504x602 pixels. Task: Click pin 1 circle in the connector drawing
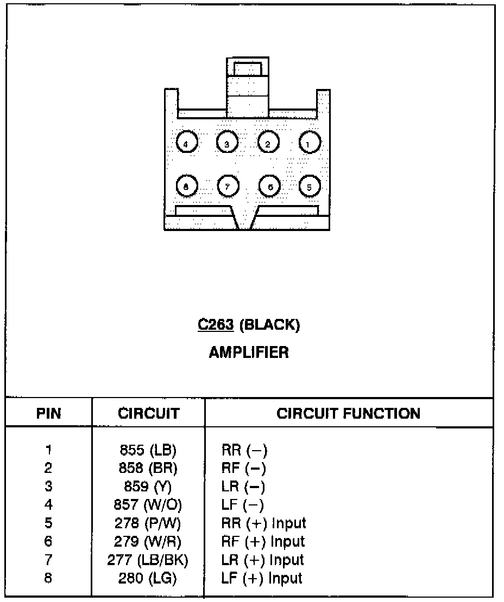(x=309, y=143)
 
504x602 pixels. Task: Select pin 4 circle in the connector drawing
(x=187, y=143)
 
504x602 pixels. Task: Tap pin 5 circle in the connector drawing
(x=309, y=186)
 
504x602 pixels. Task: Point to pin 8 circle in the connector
(x=187, y=186)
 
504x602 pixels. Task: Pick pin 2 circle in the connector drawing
(x=268, y=143)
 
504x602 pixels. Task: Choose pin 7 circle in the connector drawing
(x=228, y=186)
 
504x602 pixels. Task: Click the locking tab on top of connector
(x=248, y=87)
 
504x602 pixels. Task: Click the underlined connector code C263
(x=216, y=325)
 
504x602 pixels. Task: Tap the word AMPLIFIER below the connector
(x=249, y=352)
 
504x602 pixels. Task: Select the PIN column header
(x=48, y=413)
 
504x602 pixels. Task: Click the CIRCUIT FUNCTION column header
(x=348, y=413)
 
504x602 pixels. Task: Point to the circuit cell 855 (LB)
(x=148, y=450)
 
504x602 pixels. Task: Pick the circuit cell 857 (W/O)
(x=148, y=504)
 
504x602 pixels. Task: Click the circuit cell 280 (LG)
(x=148, y=578)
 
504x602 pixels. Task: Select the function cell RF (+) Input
(x=263, y=541)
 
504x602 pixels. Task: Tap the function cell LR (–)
(x=243, y=486)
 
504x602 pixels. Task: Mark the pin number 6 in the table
(x=48, y=541)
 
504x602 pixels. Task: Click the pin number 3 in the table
(x=48, y=486)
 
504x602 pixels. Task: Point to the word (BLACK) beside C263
(x=269, y=325)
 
